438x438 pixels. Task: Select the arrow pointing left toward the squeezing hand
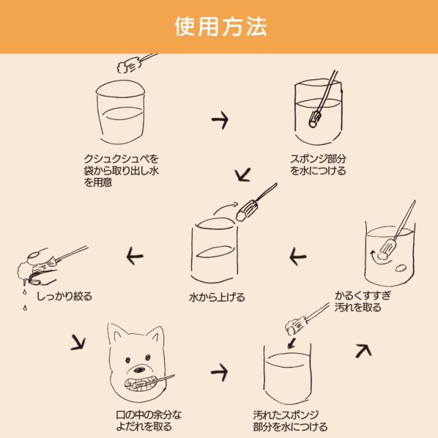pyautogui.click(x=134, y=257)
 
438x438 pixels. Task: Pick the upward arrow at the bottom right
pyautogui.click(x=363, y=349)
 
